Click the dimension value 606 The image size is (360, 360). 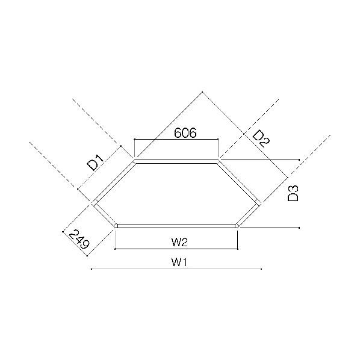(x=185, y=132)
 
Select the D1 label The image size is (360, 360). (x=96, y=163)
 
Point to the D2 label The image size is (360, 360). (x=261, y=138)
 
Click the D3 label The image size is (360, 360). (x=293, y=193)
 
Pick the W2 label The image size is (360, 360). (x=179, y=242)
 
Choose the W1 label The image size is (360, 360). (x=179, y=262)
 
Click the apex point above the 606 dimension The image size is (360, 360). (x=202, y=92)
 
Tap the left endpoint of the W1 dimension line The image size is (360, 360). (x=92, y=269)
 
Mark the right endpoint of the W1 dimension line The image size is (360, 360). (x=261, y=269)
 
